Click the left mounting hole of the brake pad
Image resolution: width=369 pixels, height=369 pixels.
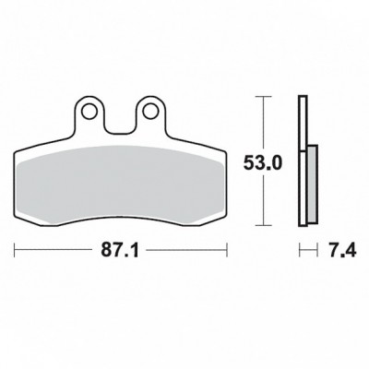pyautogui.click(x=89, y=112)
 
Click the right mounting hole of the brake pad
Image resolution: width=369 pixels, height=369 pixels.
pyautogui.click(x=150, y=112)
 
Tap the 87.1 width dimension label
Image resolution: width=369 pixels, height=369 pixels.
pyautogui.click(x=120, y=251)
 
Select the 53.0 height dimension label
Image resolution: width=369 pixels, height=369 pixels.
pyautogui.click(x=262, y=163)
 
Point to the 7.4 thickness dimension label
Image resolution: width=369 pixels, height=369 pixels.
pyautogui.click(x=340, y=251)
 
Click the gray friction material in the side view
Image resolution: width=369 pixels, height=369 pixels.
pyautogui.click(x=312, y=184)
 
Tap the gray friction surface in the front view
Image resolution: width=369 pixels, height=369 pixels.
pyautogui.click(x=120, y=184)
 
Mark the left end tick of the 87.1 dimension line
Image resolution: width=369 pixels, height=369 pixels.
pyautogui.click(x=15, y=250)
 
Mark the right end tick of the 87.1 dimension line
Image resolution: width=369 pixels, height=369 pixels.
pyautogui.click(x=227, y=250)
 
